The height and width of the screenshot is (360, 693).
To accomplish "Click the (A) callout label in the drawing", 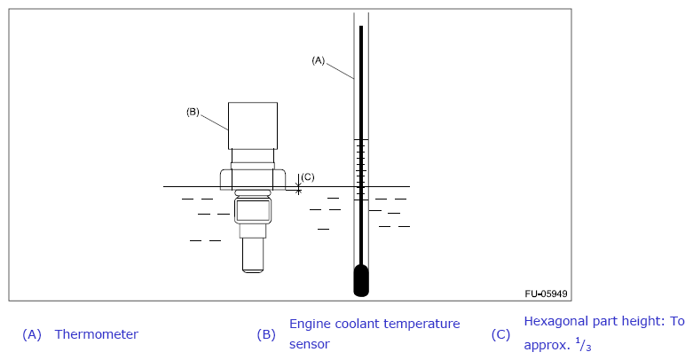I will tap(319, 60).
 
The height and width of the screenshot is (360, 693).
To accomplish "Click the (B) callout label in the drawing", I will tap(193, 112).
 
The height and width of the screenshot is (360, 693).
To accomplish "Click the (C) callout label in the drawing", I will tap(308, 176).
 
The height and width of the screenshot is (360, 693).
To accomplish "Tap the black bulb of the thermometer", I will tap(361, 281).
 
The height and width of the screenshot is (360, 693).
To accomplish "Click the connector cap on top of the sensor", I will tap(253, 125).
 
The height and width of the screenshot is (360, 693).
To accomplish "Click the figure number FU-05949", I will tap(546, 293).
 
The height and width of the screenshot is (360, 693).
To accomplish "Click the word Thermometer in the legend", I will tap(96, 334).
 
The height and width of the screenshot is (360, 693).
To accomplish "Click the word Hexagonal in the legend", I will tap(560, 321).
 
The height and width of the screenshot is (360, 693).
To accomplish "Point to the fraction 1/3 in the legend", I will tap(582, 344).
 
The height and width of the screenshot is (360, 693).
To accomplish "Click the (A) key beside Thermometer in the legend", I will tap(32, 334).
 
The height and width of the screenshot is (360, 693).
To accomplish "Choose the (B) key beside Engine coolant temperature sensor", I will tap(266, 334).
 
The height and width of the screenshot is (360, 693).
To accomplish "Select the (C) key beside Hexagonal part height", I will tap(500, 334).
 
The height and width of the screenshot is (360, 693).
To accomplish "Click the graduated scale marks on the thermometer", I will tap(361, 168).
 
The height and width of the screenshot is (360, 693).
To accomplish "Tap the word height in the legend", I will tap(645, 321).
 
